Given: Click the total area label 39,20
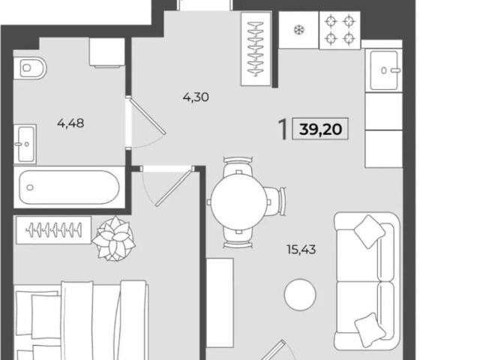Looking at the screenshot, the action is pos(320,129).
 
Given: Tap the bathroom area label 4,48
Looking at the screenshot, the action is pos(70,123).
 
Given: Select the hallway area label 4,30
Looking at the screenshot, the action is pos(196,97).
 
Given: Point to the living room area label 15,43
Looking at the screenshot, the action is pos(301,250).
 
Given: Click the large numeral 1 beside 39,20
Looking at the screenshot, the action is pos(283,130).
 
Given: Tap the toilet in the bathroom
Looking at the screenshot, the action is pos(30,68).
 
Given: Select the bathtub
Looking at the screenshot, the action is pos(69,187).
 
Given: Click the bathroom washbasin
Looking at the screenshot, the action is pos(25,144).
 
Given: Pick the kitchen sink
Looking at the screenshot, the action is pos(384,70).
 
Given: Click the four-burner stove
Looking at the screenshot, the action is pos(340,30).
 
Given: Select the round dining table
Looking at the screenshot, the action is pos(239,202).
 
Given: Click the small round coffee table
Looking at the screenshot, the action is pos(300,295).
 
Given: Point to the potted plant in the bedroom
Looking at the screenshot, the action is pos(114,238).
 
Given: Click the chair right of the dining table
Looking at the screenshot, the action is pos(276,202).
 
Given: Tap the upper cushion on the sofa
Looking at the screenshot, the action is pos(369,232).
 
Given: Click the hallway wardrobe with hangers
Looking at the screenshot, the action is pos(256,49).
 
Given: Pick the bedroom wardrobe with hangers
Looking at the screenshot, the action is pos(53,230).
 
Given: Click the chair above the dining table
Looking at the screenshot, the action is pos(238,166).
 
